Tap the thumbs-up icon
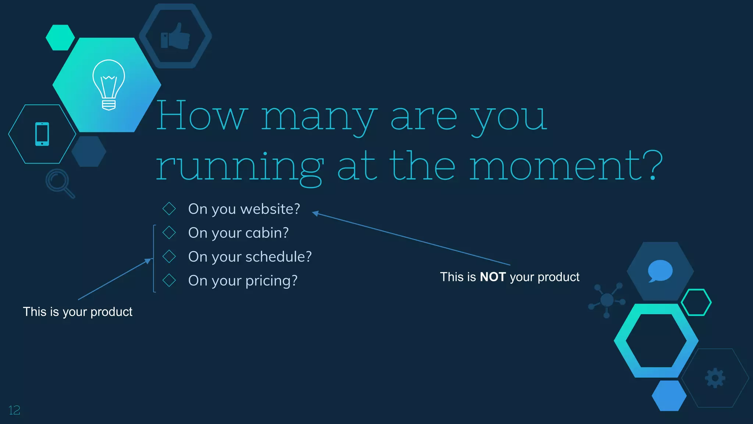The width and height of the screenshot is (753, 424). (175, 36)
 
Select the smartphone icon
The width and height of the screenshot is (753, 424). (42, 134)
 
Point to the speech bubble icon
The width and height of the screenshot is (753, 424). (660, 271)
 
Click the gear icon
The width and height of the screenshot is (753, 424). (715, 378)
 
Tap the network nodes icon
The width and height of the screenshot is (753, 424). (607, 300)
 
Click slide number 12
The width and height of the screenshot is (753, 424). (14, 410)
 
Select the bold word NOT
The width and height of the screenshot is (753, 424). (493, 277)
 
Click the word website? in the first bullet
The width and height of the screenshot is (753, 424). (270, 209)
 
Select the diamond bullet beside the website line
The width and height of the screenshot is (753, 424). (169, 209)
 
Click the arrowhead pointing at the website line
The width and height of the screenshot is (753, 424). (315, 213)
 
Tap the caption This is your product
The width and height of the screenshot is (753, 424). (78, 312)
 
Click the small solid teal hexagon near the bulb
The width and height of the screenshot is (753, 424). (60, 38)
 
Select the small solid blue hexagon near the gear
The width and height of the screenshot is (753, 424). (669, 396)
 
